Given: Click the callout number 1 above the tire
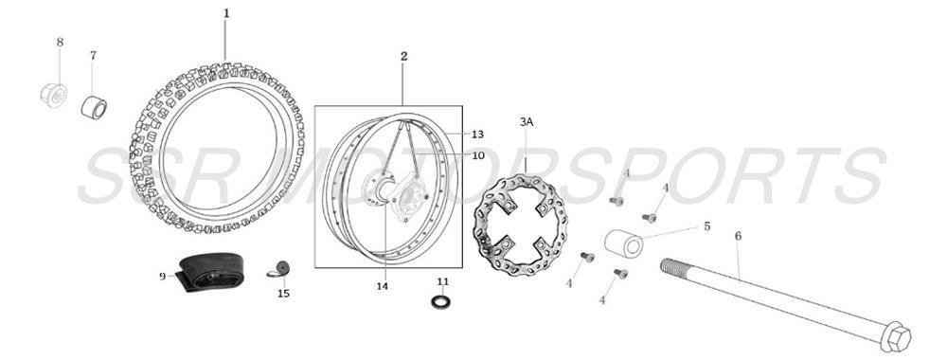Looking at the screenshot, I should point(226,13).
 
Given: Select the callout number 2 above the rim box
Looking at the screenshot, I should point(403,57).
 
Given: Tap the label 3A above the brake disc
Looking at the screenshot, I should point(527,121).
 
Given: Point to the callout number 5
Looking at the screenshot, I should point(706,226).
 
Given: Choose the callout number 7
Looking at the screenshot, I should point(93,55).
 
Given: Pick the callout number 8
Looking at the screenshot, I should point(60,42).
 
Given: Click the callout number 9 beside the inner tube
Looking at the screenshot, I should point(162,276).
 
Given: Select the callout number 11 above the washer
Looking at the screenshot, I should point(442,281).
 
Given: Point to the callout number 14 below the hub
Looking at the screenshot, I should point(383,285).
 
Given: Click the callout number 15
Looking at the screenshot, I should point(283,293).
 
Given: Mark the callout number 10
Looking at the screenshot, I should point(477,155).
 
